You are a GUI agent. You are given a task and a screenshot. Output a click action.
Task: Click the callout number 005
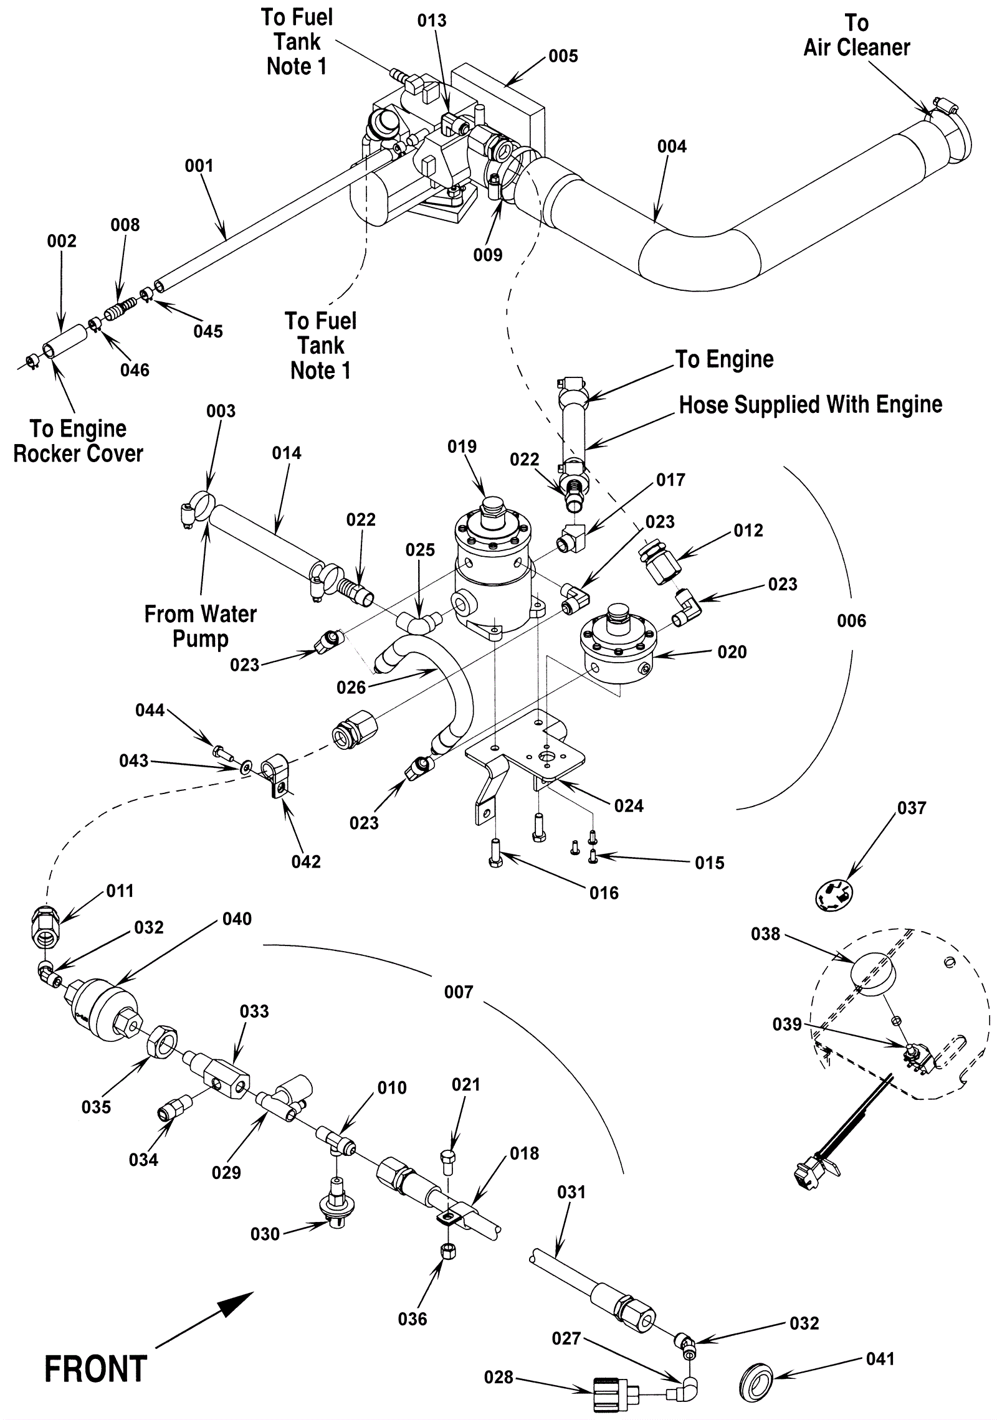563,56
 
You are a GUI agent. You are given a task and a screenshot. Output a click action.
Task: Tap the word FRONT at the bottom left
95,1370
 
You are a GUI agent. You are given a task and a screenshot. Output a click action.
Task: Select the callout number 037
912,808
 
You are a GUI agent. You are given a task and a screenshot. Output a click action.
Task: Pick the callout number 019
462,447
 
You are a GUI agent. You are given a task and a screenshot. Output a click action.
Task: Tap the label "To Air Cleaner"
857,35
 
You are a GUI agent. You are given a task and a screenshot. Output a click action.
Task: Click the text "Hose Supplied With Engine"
810,405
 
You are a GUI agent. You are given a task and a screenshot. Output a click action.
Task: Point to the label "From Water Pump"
200,627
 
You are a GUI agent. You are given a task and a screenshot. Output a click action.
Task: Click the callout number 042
306,861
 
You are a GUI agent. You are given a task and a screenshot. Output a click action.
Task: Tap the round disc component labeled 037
834,895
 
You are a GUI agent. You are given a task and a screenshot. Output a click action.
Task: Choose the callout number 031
571,1192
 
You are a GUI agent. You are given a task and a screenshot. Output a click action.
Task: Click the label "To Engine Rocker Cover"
78,441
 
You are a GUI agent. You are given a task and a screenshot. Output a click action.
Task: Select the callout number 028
499,1377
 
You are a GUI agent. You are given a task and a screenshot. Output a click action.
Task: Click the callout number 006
851,620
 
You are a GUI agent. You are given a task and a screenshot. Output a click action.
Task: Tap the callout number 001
199,166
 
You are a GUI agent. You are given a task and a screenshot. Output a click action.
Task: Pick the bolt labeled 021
448,1160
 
